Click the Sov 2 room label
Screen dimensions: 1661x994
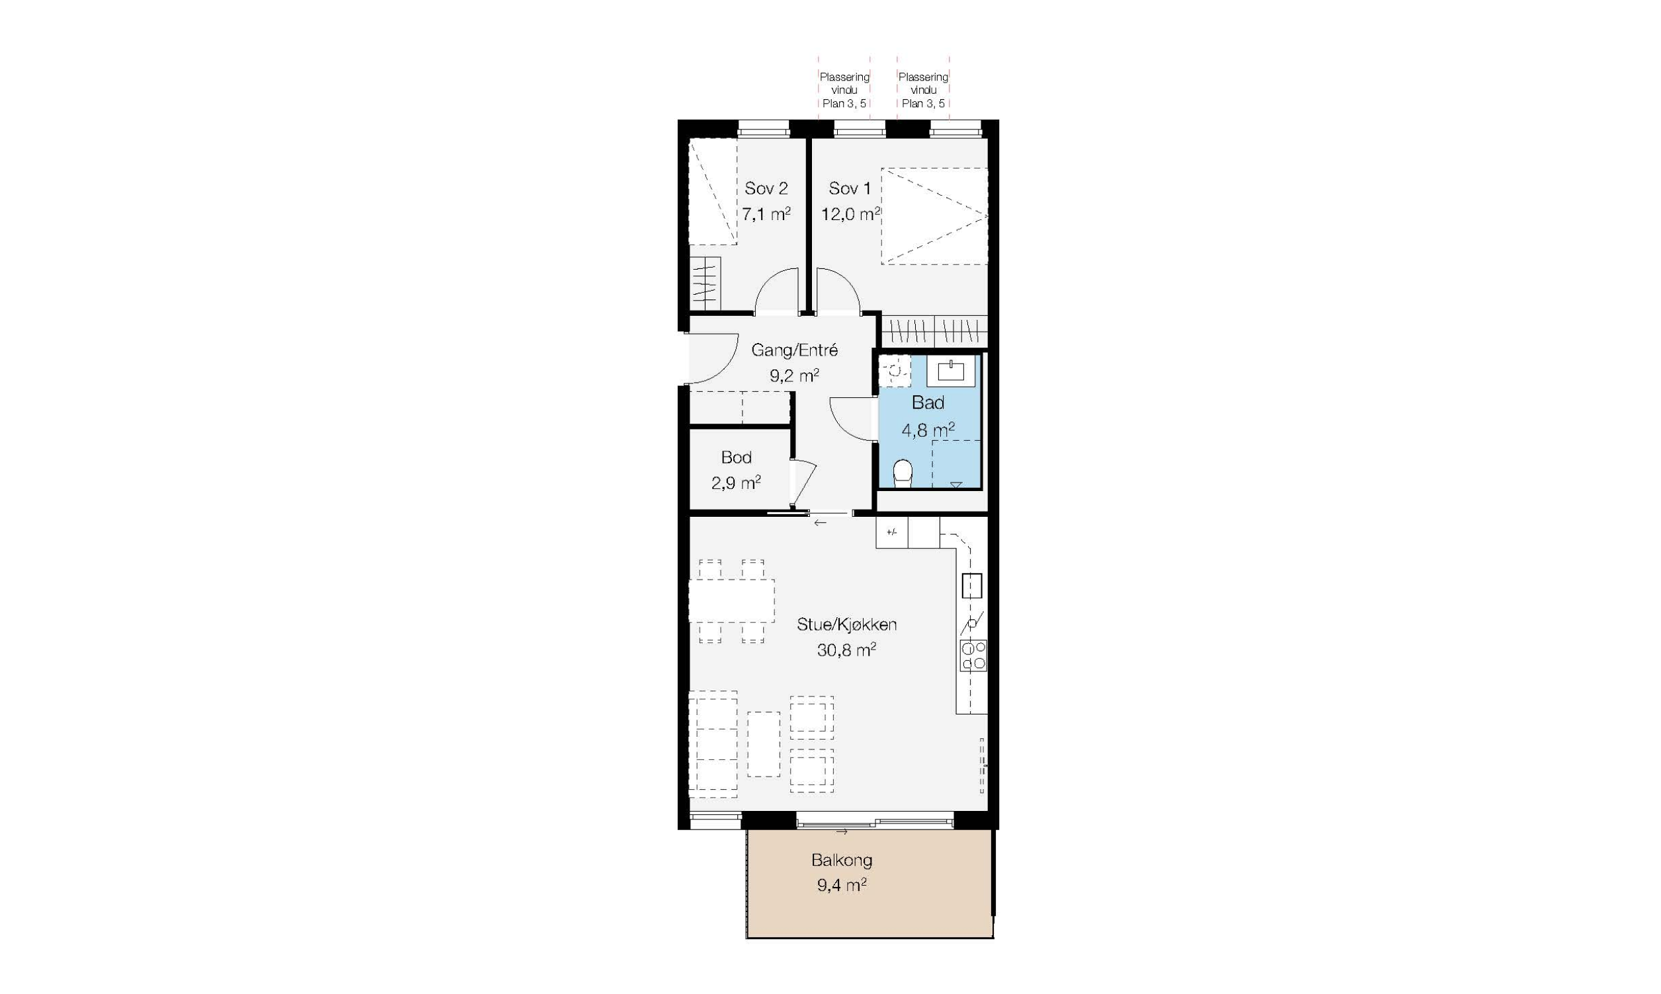[x=766, y=189]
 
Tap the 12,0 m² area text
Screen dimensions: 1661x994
[x=851, y=214]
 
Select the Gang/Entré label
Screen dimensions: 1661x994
[x=794, y=350]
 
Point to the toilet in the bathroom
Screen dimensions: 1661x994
[x=903, y=473]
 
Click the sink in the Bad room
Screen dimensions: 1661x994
[x=951, y=371]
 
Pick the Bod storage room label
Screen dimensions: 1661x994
[x=736, y=457]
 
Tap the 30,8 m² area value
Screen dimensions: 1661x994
[x=846, y=650]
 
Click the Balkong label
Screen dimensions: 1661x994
[x=842, y=860]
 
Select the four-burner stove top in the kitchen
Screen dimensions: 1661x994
[x=973, y=655]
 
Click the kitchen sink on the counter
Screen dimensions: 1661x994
[x=971, y=586]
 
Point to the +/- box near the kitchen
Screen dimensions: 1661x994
[x=891, y=533]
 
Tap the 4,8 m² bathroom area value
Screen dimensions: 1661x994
[x=928, y=430]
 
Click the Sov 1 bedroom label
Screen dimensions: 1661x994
[x=850, y=189]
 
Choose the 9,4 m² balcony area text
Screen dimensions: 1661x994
[x=842, y=886]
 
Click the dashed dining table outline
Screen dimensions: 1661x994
[x=732, y=601]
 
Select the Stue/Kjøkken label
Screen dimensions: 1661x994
[x=846, y=625]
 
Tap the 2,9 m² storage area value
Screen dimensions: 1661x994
[x=736, y=483]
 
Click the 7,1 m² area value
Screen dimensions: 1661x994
[x=766, y=214]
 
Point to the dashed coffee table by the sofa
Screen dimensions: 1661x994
[x=764, y=744]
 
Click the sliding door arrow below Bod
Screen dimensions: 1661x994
[x=820, y=523]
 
